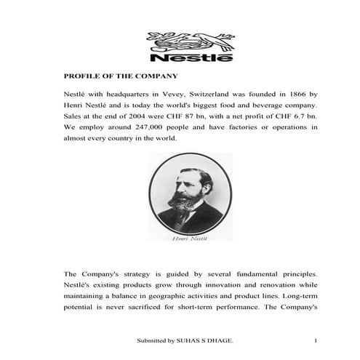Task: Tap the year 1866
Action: [293, 95]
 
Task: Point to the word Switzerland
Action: [247, 95]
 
